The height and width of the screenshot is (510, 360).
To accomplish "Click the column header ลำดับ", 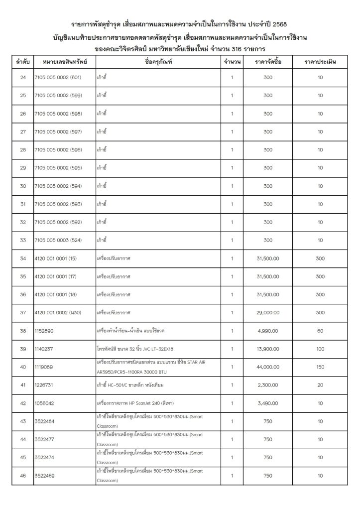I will coord(22,62).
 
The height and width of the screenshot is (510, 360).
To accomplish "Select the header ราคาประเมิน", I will coord(320,62).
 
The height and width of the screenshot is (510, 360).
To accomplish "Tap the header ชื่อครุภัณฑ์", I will coord(158,62).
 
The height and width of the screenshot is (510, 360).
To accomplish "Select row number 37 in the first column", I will coord(22,312).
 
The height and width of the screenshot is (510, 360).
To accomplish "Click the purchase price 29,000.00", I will coord(268,312).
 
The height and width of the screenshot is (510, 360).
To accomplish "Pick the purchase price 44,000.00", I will coord(268,367).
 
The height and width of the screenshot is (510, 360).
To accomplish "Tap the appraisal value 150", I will coord(320,367).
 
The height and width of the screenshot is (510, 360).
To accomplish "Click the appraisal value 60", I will coord(320,331).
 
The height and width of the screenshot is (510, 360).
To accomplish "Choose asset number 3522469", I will coord(45,476).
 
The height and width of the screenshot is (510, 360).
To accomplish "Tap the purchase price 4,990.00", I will coord(268,331).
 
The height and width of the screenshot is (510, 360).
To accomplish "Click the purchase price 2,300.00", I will coord(268,385).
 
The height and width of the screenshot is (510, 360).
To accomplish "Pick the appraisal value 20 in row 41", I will coord(320,385).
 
